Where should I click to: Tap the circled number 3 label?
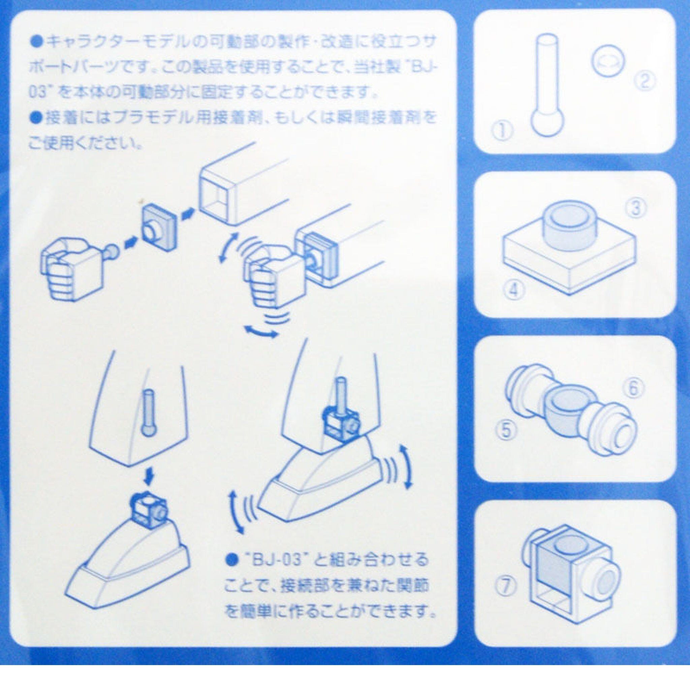pyautogui.click(x=636, y=208)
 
